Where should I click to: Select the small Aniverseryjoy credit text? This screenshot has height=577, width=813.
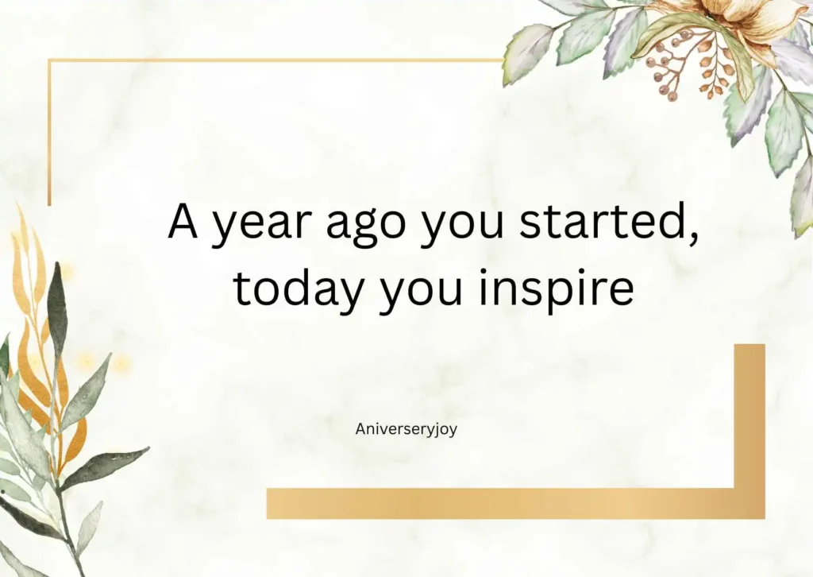pos(406,429)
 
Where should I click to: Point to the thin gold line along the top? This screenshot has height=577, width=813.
pos(270,60)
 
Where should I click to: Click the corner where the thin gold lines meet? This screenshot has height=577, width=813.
pos(49,60)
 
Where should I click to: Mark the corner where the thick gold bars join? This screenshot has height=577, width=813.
pos(749,504)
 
